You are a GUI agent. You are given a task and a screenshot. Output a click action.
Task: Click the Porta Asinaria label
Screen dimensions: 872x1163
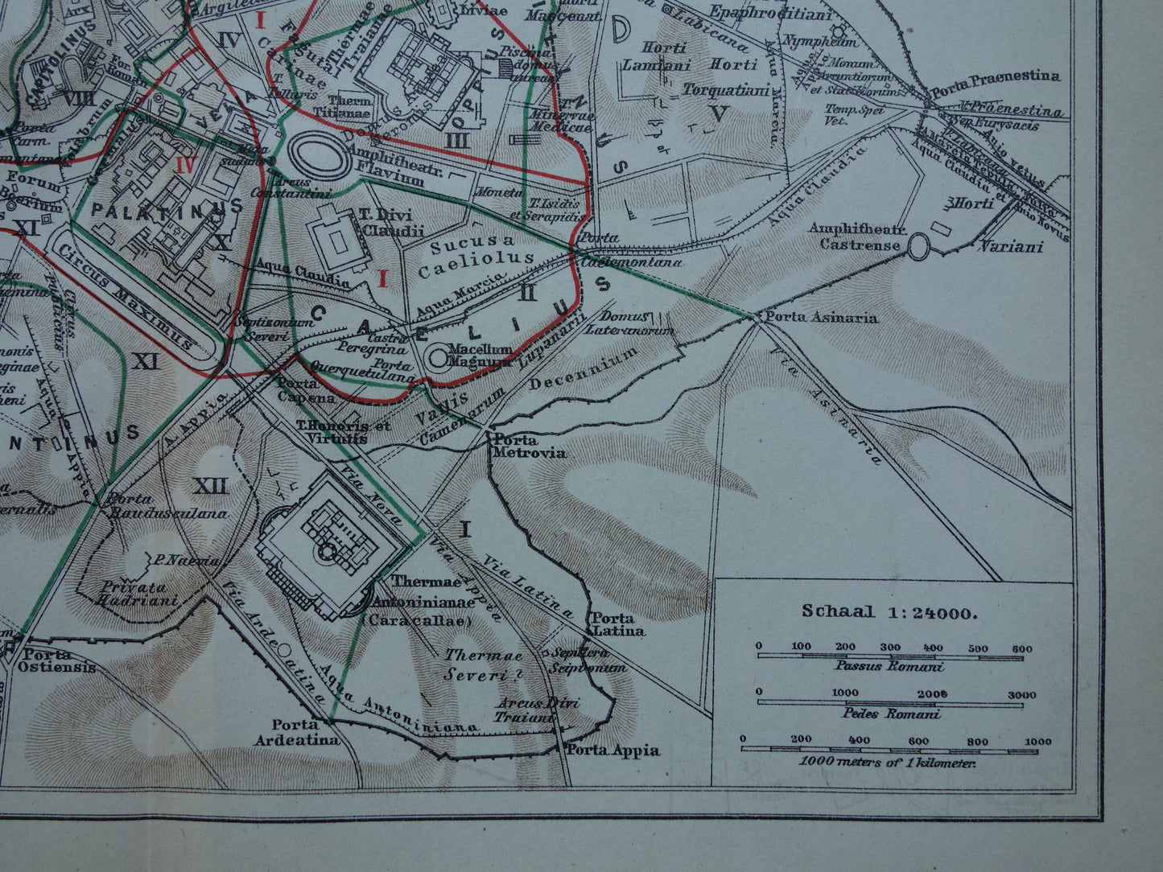[821, 318]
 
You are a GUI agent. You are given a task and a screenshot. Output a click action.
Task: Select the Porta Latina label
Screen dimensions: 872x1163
[618, 624]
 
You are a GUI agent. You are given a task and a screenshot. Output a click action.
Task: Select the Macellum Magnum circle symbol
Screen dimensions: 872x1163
[439, 356]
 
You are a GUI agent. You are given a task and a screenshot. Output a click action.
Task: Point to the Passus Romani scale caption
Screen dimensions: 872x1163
[889, 666]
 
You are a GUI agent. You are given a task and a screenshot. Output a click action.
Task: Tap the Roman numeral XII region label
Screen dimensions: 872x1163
[211, 486]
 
